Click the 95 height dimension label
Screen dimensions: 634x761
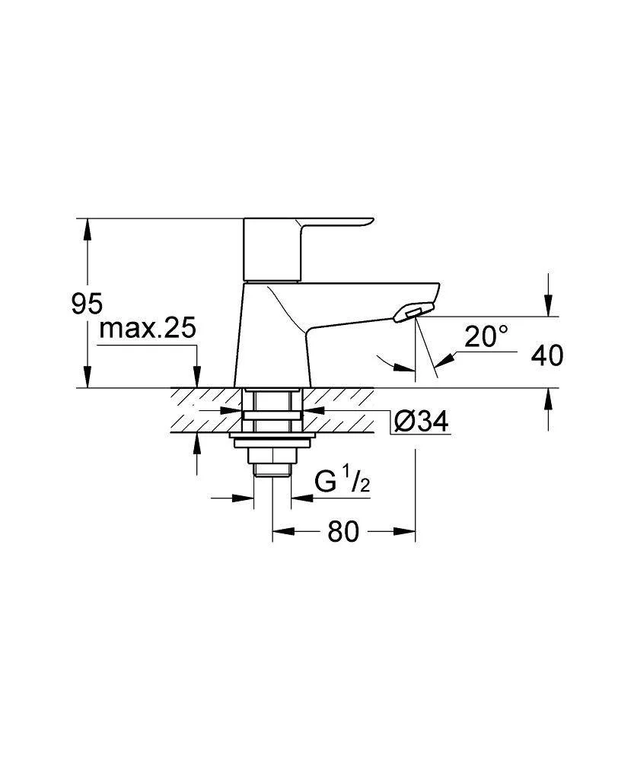pos(88,304)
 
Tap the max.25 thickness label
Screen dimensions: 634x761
pos(148,329)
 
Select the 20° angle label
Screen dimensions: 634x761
pos(486,336)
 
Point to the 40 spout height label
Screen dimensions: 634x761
pos(547,355)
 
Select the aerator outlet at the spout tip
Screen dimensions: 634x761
pos(413,313)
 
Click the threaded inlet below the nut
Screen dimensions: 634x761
pos(272,470)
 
